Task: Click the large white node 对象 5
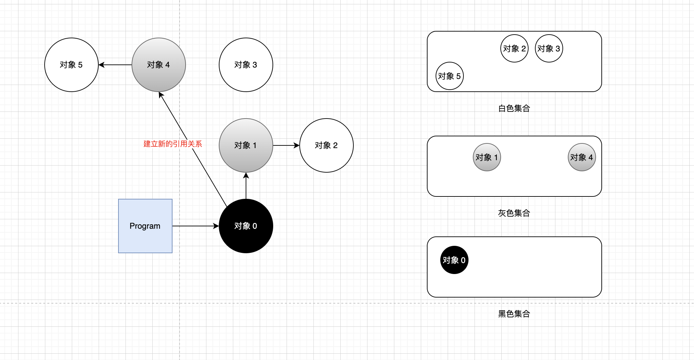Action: [71, 65]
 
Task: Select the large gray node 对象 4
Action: [158, 65]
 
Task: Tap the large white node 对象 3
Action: [246, 65]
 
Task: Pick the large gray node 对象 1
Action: [246, 145]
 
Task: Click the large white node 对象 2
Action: [326, 145]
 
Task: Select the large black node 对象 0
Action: [246, 226]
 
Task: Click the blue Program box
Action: [145, 226]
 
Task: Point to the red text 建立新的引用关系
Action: [172, 144]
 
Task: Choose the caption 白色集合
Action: [514, 108]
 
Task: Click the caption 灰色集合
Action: [514, 213]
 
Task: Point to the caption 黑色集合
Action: [514, 314]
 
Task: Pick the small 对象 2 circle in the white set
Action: [514, 48]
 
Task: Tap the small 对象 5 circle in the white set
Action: [449, 76]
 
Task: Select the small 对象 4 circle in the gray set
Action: [582, 157]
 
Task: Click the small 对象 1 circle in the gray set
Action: [487, 157]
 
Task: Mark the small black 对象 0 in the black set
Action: [454, 260]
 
